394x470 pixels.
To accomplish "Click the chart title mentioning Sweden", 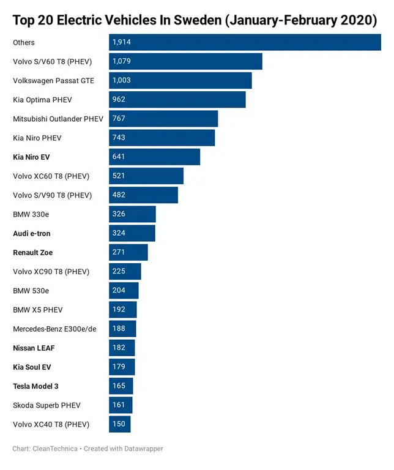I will tap(195, 20).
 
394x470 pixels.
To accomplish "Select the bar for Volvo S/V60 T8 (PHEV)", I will tap(185, 61).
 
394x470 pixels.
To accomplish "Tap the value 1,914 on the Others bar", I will tap(122, 42).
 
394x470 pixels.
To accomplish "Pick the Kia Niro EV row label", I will tap(31, 157).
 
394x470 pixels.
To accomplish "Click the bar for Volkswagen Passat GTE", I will tap(180, 80).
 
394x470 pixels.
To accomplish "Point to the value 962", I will tap(119, 99).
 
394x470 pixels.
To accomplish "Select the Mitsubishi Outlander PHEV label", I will tap(58, 119).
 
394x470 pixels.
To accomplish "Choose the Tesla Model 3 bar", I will tap(121, 386).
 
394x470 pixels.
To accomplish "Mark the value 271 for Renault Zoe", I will tap(119, 252).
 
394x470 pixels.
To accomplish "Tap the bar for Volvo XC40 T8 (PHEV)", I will tap(120, 424).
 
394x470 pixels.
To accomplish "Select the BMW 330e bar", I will tap(132, 214).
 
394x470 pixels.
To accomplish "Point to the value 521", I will tap(119, 176).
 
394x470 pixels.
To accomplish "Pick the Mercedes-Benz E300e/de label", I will tap(54, 329).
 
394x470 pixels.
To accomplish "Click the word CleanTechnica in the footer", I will tap(56, 449).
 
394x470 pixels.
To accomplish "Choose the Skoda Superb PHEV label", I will tap(46, 405).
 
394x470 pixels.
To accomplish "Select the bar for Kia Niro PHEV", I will tap(162, 138).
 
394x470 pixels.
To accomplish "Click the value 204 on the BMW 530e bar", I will tap(119, 291).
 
